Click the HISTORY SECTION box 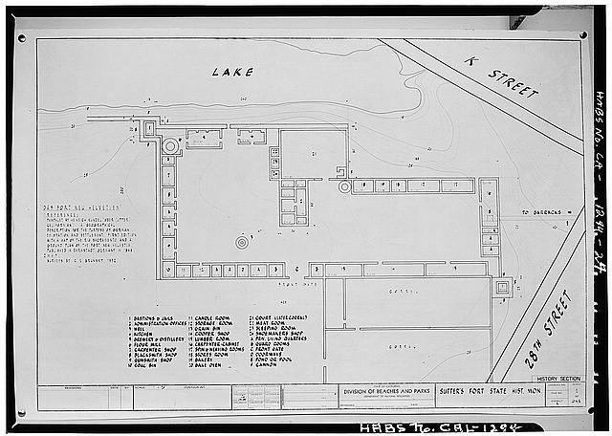[557, 379]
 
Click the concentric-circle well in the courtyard [242, 243]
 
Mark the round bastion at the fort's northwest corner [171, 145]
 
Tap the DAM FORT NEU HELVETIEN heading [77, 207]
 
